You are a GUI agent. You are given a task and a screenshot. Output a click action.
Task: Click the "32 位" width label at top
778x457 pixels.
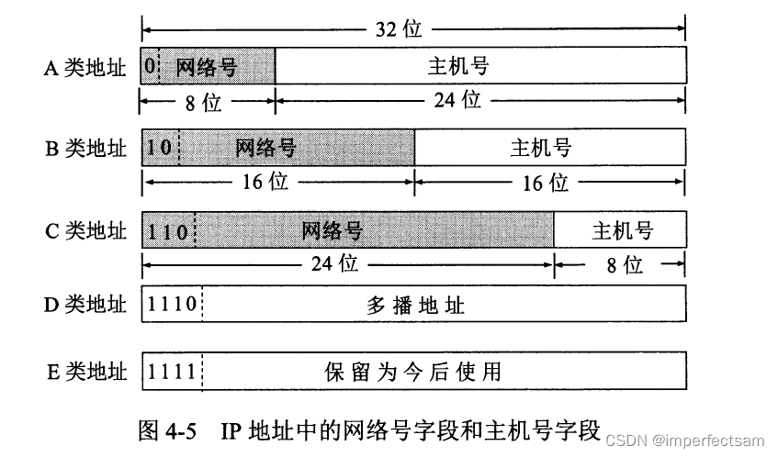coord(401,28)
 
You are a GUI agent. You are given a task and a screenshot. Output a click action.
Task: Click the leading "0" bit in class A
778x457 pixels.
coord(149,66)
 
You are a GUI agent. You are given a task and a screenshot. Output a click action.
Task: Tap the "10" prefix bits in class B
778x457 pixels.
coord(160,147)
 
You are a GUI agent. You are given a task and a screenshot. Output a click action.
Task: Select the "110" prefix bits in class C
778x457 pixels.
coord(167,229)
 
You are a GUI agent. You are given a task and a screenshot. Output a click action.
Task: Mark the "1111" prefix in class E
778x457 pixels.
coord(172,372)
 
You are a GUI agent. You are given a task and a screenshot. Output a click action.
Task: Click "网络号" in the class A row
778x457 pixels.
coord(217,66)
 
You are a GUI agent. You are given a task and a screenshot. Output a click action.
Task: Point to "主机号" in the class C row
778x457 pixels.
coord(622,229)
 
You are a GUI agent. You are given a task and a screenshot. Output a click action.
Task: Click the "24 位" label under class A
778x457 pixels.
coord(457,99)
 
